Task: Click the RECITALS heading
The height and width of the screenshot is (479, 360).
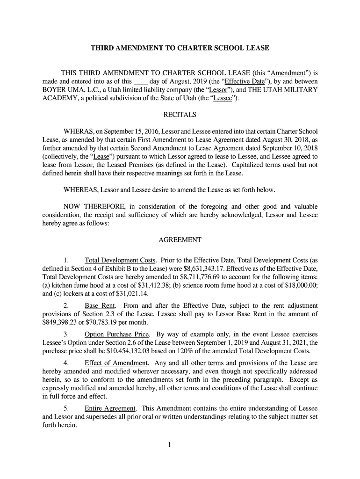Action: pyautogui.click(x=180, y=115)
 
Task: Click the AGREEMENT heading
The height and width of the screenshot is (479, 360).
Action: pyautogui.click(x=180, y=240)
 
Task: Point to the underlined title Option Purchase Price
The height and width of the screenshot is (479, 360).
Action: pyautogui.click(x=117, y=334)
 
